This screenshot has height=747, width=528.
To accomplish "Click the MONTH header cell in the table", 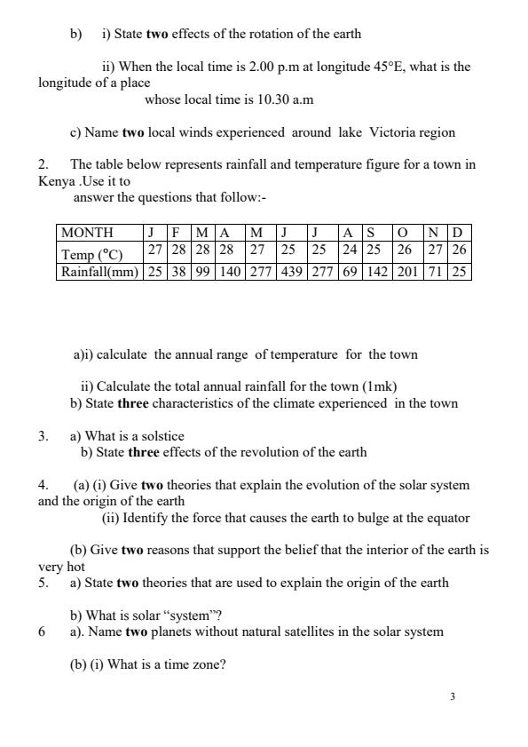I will pos(86,233).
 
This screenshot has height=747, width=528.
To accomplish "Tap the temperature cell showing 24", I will pos(350,251).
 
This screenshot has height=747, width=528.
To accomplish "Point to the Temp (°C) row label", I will pos(91,253).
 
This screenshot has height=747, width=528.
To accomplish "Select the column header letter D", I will pos(458,233).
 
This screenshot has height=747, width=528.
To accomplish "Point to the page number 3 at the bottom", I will pos(453,696).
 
